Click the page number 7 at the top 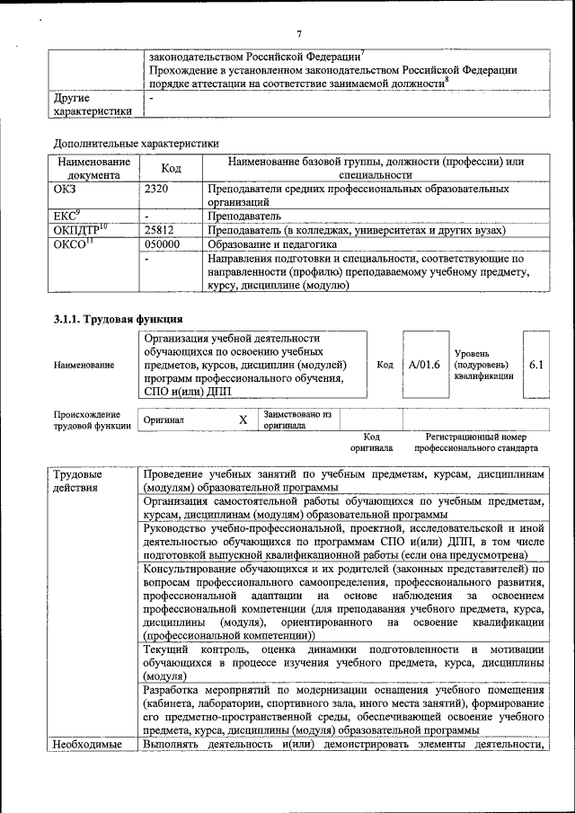[x=297, y=33]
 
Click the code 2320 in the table [x=156, y=190]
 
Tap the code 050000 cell [x=163, y=243]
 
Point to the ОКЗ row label [x=67, y=190]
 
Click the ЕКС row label [x=67, y=216]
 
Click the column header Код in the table [x=171, y=168]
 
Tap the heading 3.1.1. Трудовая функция [x=119, y=319]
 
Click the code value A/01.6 [x=424, y=365]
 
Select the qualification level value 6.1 [x=536, y=365]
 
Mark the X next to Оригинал [x=243, y=420]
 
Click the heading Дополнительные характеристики [x=136, y=142]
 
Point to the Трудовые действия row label [x=78, y=481]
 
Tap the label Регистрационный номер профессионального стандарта [x=482, y=441]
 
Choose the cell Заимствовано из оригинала [x=297, y=420]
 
